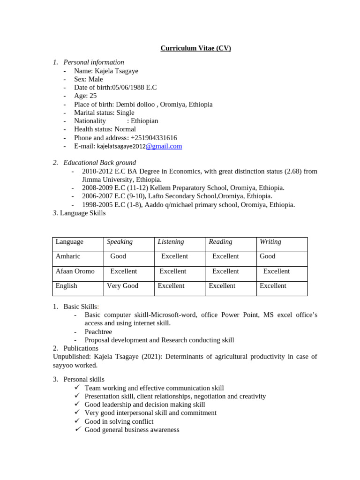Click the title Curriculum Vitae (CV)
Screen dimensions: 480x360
tap(195, 48)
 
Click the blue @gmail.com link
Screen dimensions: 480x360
tap(164, 146)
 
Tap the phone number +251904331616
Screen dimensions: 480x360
tap(154, 138)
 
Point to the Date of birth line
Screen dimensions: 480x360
tap(115, 88)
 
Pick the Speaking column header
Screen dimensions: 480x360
tap(120, 242)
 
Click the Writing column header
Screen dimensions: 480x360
tap(270, 242)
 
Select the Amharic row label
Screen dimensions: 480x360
tap(68, 256)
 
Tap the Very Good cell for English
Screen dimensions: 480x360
tap(122, 286)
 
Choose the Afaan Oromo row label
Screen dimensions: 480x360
tap(75, 271)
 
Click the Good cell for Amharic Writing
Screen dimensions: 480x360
tap(268, 256)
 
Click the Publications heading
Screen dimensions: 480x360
tap(81, 348)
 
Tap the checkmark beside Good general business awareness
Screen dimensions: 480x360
tap(78, 429)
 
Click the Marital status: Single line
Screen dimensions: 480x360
tap(104, 113)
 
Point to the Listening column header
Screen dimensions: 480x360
tap(171, 242)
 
